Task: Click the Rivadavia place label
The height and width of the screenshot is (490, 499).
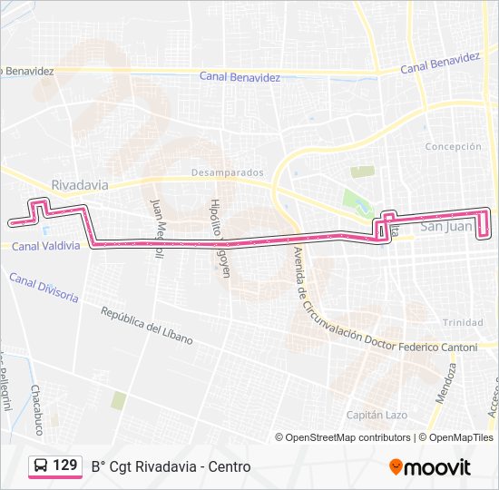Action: click(80, 185)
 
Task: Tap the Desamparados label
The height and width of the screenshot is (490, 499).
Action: click(227, 172)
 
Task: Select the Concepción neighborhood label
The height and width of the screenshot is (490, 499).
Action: click(453, 146)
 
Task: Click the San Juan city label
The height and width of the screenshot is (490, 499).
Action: click(448, 227)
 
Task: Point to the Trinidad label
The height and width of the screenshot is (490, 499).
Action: click(463, 323)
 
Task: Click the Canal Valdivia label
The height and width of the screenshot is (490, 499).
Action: click(45, 246)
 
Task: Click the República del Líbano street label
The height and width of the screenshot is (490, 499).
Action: click(147, 325)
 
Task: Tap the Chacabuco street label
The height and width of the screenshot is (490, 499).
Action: click(36, 409)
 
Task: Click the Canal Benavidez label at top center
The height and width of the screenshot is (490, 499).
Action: click(240, 77)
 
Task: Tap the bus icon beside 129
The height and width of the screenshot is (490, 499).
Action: click(41, 465)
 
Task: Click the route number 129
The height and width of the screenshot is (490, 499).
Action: click(64, 465)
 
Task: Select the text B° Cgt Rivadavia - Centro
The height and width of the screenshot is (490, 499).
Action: click(171, 466)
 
